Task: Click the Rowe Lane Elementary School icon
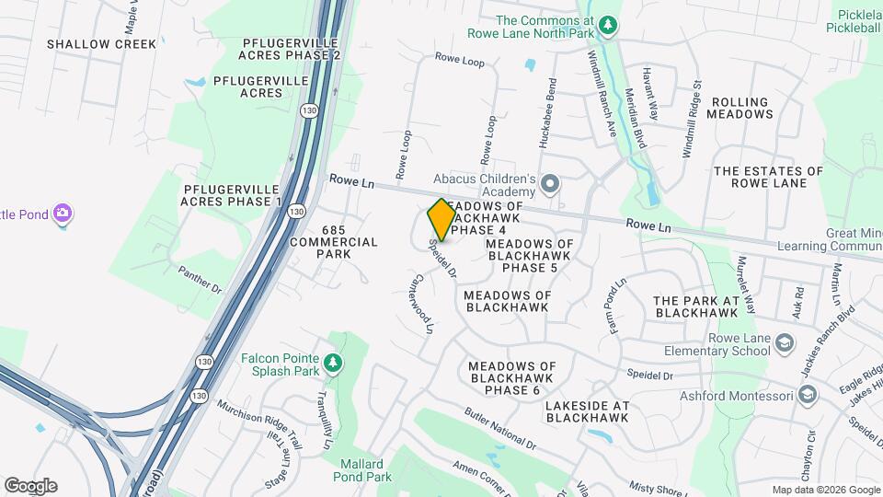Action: (x=785, y=343)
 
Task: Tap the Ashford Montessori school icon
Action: (x=808, y=396)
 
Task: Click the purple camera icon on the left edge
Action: (x=63, y=214)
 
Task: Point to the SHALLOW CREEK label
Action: (x=89, y=43)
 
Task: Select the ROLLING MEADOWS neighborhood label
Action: (x=741, y=108)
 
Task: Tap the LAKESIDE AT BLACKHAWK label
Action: (x=587, y=410)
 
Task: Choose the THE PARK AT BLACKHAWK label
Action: (x=696, y=306)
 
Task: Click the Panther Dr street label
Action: (x=201, y=280)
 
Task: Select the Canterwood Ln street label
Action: (x=422, y=303)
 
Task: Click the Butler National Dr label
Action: (x=499, y=429)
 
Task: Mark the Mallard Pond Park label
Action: (x=366, y=469)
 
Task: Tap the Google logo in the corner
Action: (x=30, y=485)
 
